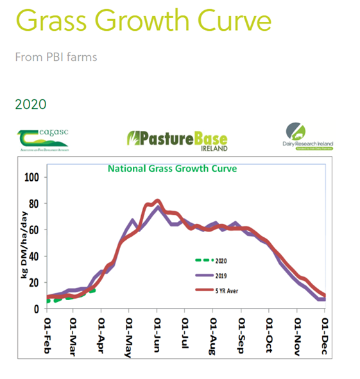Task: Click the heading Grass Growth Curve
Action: click(x=144, y=22)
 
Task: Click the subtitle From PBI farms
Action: click(x=56, y=57)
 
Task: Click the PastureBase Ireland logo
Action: click(x=177, y=139)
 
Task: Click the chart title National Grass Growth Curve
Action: click(x=172, y=169)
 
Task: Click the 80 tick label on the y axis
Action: click(x=33, y=204)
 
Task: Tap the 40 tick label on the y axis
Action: click(x=33, y=257)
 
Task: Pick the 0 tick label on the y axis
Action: click(x=36, y=309)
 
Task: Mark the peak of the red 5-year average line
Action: click(x=157, y=201)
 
